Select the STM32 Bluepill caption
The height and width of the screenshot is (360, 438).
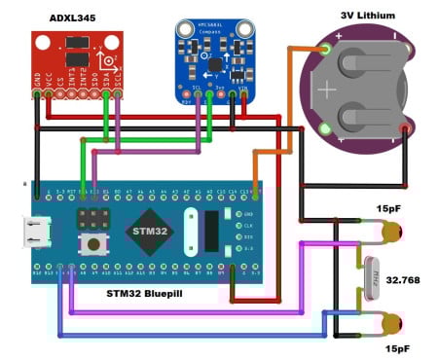(152, 291)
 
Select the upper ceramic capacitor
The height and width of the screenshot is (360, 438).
(392, 232)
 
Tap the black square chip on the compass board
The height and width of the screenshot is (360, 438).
(210, 60)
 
